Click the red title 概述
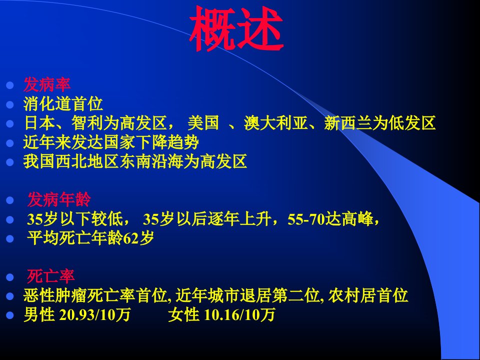pyautogui.click(x=235, y=29)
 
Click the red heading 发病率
pyautogui.click(x=47, y=85)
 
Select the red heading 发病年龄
pyautogui.click(x=59, y=199)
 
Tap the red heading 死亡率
pyautogui.click(x=51, y=276)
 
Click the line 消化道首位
pyautogui.click(x=63, y=104)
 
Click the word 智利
pyautogui.click(x=87, y=123)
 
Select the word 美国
pyautogui.click(x=203, y=123)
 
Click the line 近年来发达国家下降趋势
pyautogui.click(x=111, y=142)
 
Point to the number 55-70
pyautogui.click(x=306, y=219)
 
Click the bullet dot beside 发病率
pyautogui.click(x=10, y=85)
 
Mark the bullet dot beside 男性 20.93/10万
pyautogui.click(x=10, y=315)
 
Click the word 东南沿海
pyautogui.click(x=151, y=161)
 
